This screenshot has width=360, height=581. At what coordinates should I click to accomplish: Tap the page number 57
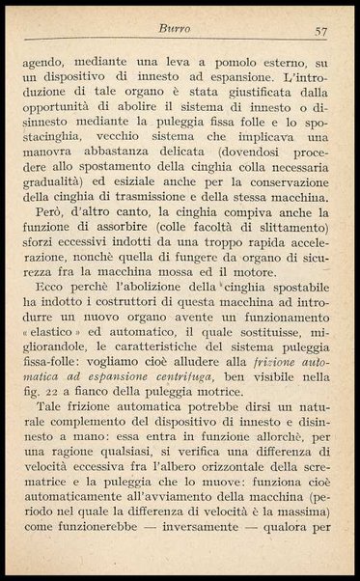(321, 32)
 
